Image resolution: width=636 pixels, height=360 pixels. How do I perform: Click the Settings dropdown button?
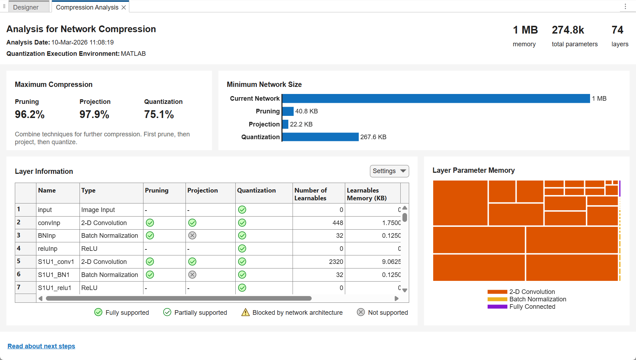[x=389, y=171]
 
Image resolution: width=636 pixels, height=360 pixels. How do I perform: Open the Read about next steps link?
[x=41, y=346]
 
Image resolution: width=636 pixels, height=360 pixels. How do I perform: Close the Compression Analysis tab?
[x=124, y=7]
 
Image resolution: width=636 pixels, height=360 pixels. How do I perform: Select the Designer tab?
[x=26, y=7]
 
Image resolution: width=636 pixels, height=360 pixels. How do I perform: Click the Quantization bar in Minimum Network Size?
[x=320, y=137]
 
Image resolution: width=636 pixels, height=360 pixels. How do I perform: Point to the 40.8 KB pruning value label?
[x=307, y=111]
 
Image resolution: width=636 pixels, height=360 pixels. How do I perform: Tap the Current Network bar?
[x=436, y=99]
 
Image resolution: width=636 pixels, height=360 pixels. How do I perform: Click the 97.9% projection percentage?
[x=94, y=114]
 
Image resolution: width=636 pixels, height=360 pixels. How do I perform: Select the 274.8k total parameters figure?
[x=568, y=30]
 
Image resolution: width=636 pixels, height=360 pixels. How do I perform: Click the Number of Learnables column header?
[x=311, y=194]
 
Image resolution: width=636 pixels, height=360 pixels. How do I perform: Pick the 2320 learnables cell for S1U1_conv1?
[x=336, y=262]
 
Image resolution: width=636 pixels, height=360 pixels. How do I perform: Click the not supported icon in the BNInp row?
[x=192, y=236]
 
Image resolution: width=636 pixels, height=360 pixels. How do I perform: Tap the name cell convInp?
[x=49, y=223]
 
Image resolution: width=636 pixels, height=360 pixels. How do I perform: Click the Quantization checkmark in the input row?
[x=242, y=210]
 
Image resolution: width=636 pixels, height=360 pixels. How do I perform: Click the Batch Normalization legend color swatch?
[x=497, y=299]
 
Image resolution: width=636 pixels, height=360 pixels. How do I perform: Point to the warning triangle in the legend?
[x=246, y=312]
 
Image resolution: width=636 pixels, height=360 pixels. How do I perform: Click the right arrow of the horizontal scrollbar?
[x=396, y=299]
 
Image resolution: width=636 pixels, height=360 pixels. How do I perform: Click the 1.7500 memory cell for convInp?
[x=391, y=223]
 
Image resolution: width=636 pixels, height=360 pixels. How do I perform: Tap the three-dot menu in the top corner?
[x=625, y=6]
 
